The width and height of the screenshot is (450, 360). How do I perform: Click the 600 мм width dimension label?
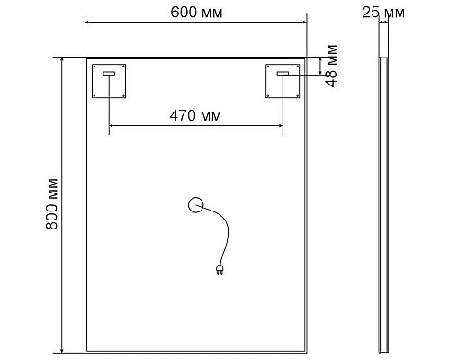(x=195, y=12)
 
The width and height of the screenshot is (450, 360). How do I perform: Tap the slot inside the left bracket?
(x=110, y=74)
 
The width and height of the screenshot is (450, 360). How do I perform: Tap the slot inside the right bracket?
(x=283, y=74)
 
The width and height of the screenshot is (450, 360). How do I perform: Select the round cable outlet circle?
(x=195, y=205)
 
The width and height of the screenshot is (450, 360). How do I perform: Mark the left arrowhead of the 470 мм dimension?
(x=112, y=129)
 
